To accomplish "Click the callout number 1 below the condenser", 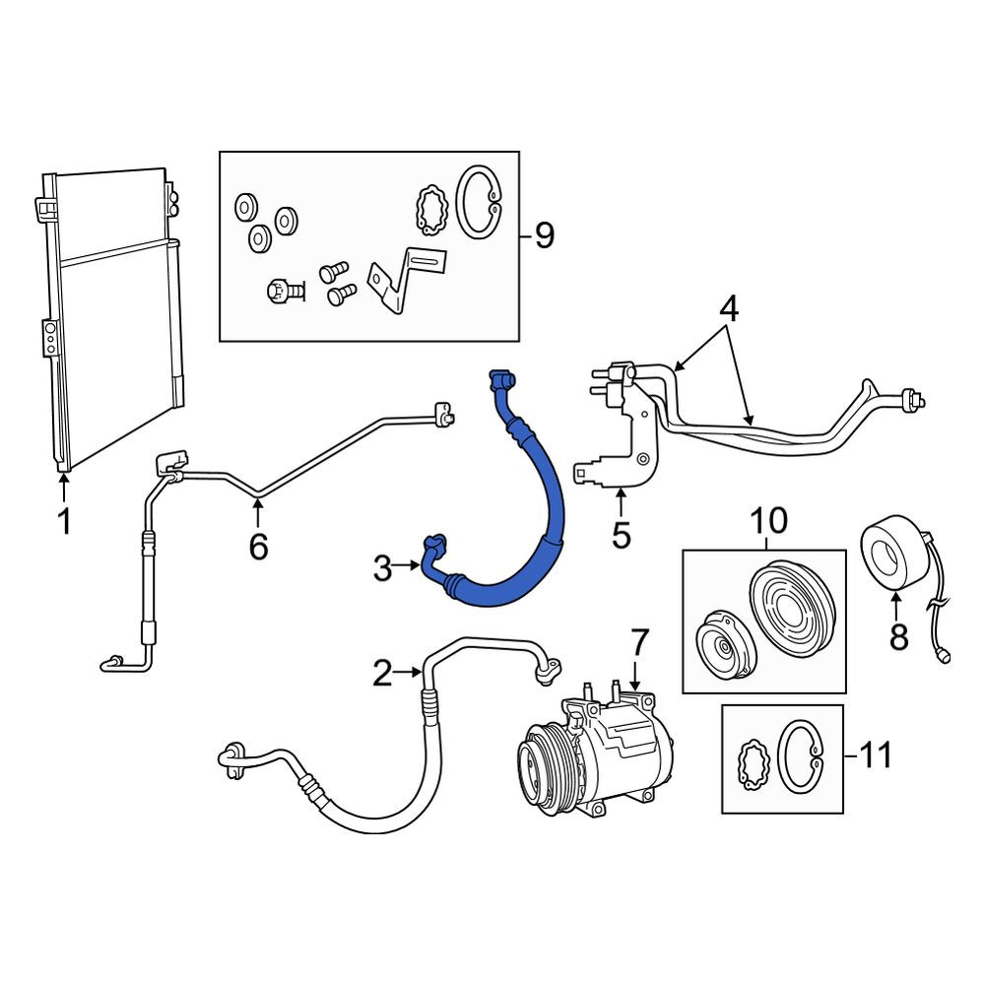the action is click(64, 521).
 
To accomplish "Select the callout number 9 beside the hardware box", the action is click(545, 235).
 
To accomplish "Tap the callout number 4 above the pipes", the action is click(729, 309).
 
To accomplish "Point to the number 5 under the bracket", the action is click(621, 535).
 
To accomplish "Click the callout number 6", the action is click(258, 547).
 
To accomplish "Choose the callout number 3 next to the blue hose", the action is click(382, 568).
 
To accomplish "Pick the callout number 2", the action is click(382, 674).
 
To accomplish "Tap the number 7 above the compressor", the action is click(639, 642).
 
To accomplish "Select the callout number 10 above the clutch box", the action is click(768, 520).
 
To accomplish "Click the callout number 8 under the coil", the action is click(898, 637).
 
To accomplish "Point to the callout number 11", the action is click(875, 755).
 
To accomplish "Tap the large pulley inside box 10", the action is click(793, 608).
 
